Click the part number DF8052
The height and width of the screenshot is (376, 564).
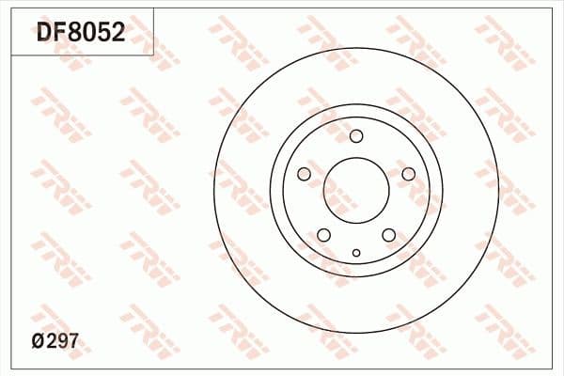[x=80, y=35]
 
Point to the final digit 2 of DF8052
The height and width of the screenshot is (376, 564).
[x=117, y=35]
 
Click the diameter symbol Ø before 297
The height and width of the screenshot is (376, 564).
[x=39, y=343]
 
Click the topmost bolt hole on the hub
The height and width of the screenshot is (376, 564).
[x=356, y=136]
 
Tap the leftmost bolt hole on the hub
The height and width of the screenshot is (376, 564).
[x=304, y=174]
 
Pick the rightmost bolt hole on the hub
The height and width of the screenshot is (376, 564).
[x=408, y=174]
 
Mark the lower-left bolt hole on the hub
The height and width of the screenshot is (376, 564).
[x=324, y=235]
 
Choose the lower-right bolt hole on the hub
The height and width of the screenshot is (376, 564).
[x=388, y=235]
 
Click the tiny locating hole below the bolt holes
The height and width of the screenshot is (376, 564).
[x=356, y=252]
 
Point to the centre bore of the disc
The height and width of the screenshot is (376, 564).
[x=356, y=191]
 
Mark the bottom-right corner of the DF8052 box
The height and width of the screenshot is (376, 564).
[x=154, y=55]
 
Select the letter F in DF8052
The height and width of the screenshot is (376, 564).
[x=59, y=35]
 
